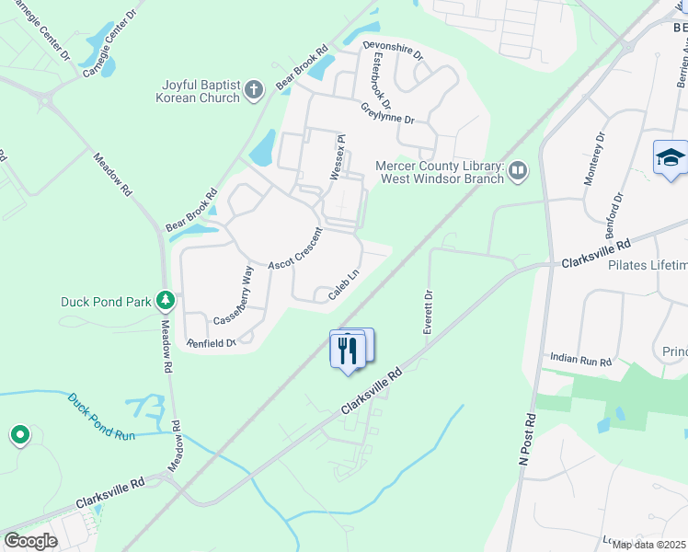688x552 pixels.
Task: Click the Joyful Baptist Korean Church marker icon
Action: [x=255, y=91]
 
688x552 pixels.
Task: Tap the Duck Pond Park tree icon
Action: [x=166, y=300]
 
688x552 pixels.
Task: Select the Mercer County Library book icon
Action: [x=519, y=170]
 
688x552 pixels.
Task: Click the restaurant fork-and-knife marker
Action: [x=348, y=351]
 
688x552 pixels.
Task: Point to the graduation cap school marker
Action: [x=671, y=158]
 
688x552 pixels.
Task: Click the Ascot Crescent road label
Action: [x=295, y=249]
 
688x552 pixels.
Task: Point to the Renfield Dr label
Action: [x=212, y=343]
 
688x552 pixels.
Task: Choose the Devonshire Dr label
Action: [x=393, y=49]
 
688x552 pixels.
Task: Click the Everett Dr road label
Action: [x=428, y=313]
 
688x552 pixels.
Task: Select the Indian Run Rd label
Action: [x=580, y=359]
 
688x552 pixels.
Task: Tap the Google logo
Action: [x=30, y=540]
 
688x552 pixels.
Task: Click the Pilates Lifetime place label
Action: [x=648, y=265]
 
